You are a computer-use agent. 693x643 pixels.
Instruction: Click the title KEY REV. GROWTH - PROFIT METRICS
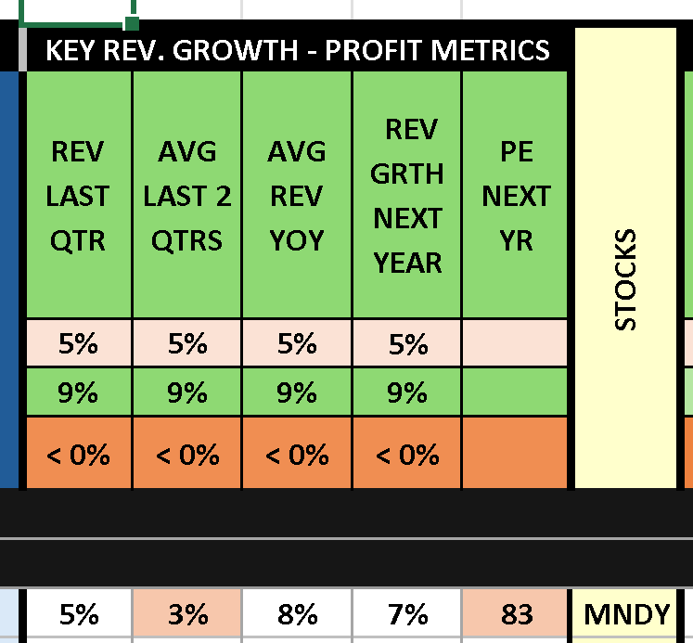(x=298, y=49)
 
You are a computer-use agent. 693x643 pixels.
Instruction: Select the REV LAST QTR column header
(x=78, y=196)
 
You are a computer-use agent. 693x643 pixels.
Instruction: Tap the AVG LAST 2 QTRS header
(x=187, y=196)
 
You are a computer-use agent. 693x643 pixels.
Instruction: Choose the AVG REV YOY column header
(x=297, y=196)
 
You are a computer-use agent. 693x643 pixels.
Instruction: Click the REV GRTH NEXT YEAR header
(x=407, y=196)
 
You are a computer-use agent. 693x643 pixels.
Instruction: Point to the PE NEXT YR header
(x=517, y=196)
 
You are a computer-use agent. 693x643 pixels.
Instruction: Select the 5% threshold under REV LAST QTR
(x=78, y=344)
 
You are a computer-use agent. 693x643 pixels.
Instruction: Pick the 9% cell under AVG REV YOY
(x=297, y=392)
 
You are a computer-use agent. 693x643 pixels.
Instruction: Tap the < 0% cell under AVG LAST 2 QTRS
(x=187, y=455)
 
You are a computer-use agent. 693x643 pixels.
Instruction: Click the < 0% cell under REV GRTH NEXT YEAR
(x=407, y=455)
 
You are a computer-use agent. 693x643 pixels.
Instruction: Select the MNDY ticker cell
(x=626, y=614)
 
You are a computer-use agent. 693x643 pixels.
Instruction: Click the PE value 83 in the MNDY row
(x=517, y=614)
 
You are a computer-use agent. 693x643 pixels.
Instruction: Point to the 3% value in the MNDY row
(x=187, y=614)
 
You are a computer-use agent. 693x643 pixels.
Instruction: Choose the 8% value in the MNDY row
(x=297, y=614)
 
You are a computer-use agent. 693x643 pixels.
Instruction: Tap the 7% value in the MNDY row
(x=407, y=614)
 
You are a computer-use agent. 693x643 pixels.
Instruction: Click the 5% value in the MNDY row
(x=78, y=614)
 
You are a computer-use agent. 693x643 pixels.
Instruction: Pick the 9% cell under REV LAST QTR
(x=78, y=392)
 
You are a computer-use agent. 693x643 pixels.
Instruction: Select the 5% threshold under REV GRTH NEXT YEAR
(x=407, y=344)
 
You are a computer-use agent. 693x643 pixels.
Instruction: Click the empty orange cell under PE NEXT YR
(x=517, y=455)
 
